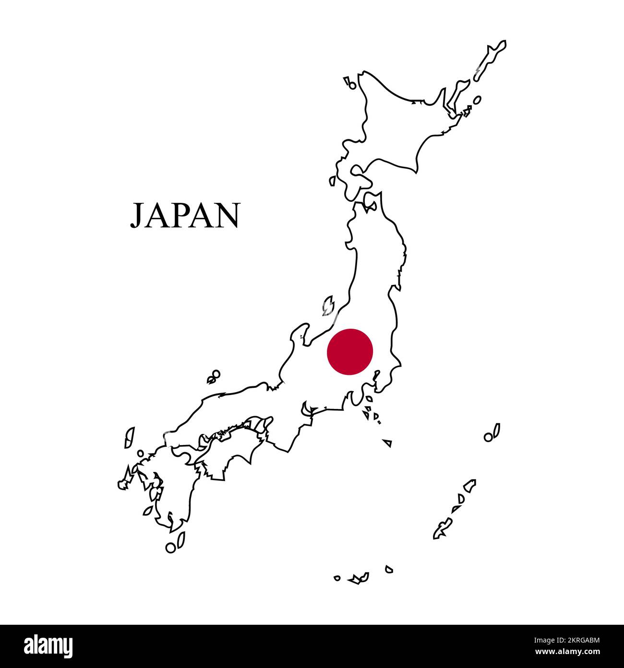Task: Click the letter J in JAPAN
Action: click(x=138, y=216)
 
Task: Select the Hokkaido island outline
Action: click(x=398, y=125)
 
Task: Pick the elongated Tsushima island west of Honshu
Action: click(x=129, y=437)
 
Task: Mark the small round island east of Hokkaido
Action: click(x=477, y=100)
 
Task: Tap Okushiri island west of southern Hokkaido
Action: click(x=332, y=181)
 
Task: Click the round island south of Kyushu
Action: click(x=170, y=547)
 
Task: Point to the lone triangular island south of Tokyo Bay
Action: click(x=388, y=443)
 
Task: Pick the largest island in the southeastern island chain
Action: click(x=441, y=529)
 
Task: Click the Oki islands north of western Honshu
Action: click(x=214, y=376)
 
